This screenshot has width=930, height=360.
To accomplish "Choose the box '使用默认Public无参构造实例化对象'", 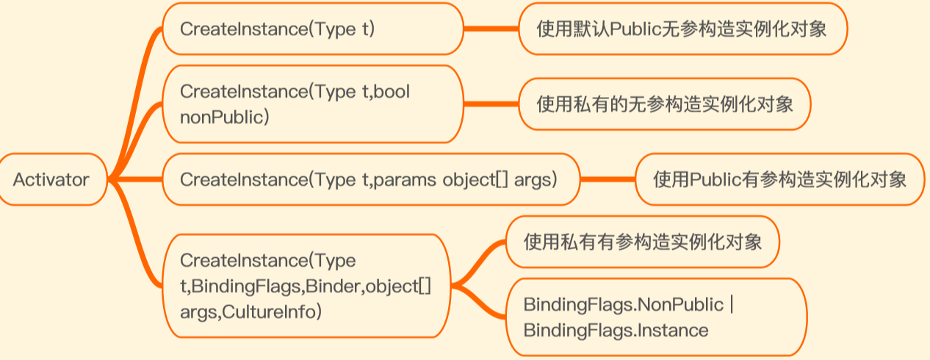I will pyautogui.click(x=683, y=29).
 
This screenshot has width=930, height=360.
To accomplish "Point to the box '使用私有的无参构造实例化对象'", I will pyautogui.click(x=664, y=104).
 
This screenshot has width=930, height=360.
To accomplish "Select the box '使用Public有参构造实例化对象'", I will pyautogui.click(x=779, y=179).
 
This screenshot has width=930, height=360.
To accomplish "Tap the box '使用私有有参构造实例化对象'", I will pyautogui.click(x=642, y=242).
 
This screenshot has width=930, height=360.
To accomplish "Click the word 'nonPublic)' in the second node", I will pyautogui.click(x=224, y=116).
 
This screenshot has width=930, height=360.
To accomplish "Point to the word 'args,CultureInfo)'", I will pyautogui.click(x=250, y=312).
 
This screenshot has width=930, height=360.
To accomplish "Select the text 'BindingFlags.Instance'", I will pyautogui.click(x=616, y=330).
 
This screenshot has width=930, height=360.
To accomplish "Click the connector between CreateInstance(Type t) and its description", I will pyautogui.click(x=491, y=29).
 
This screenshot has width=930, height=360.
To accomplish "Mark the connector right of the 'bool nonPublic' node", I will pyautogui.click(x=491, y=104).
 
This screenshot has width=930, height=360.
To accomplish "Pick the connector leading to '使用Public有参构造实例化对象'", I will pyautogui.click(x=607, y=179).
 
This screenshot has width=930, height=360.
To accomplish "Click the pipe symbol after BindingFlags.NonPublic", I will pyautogui.click(x=732, y=303).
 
